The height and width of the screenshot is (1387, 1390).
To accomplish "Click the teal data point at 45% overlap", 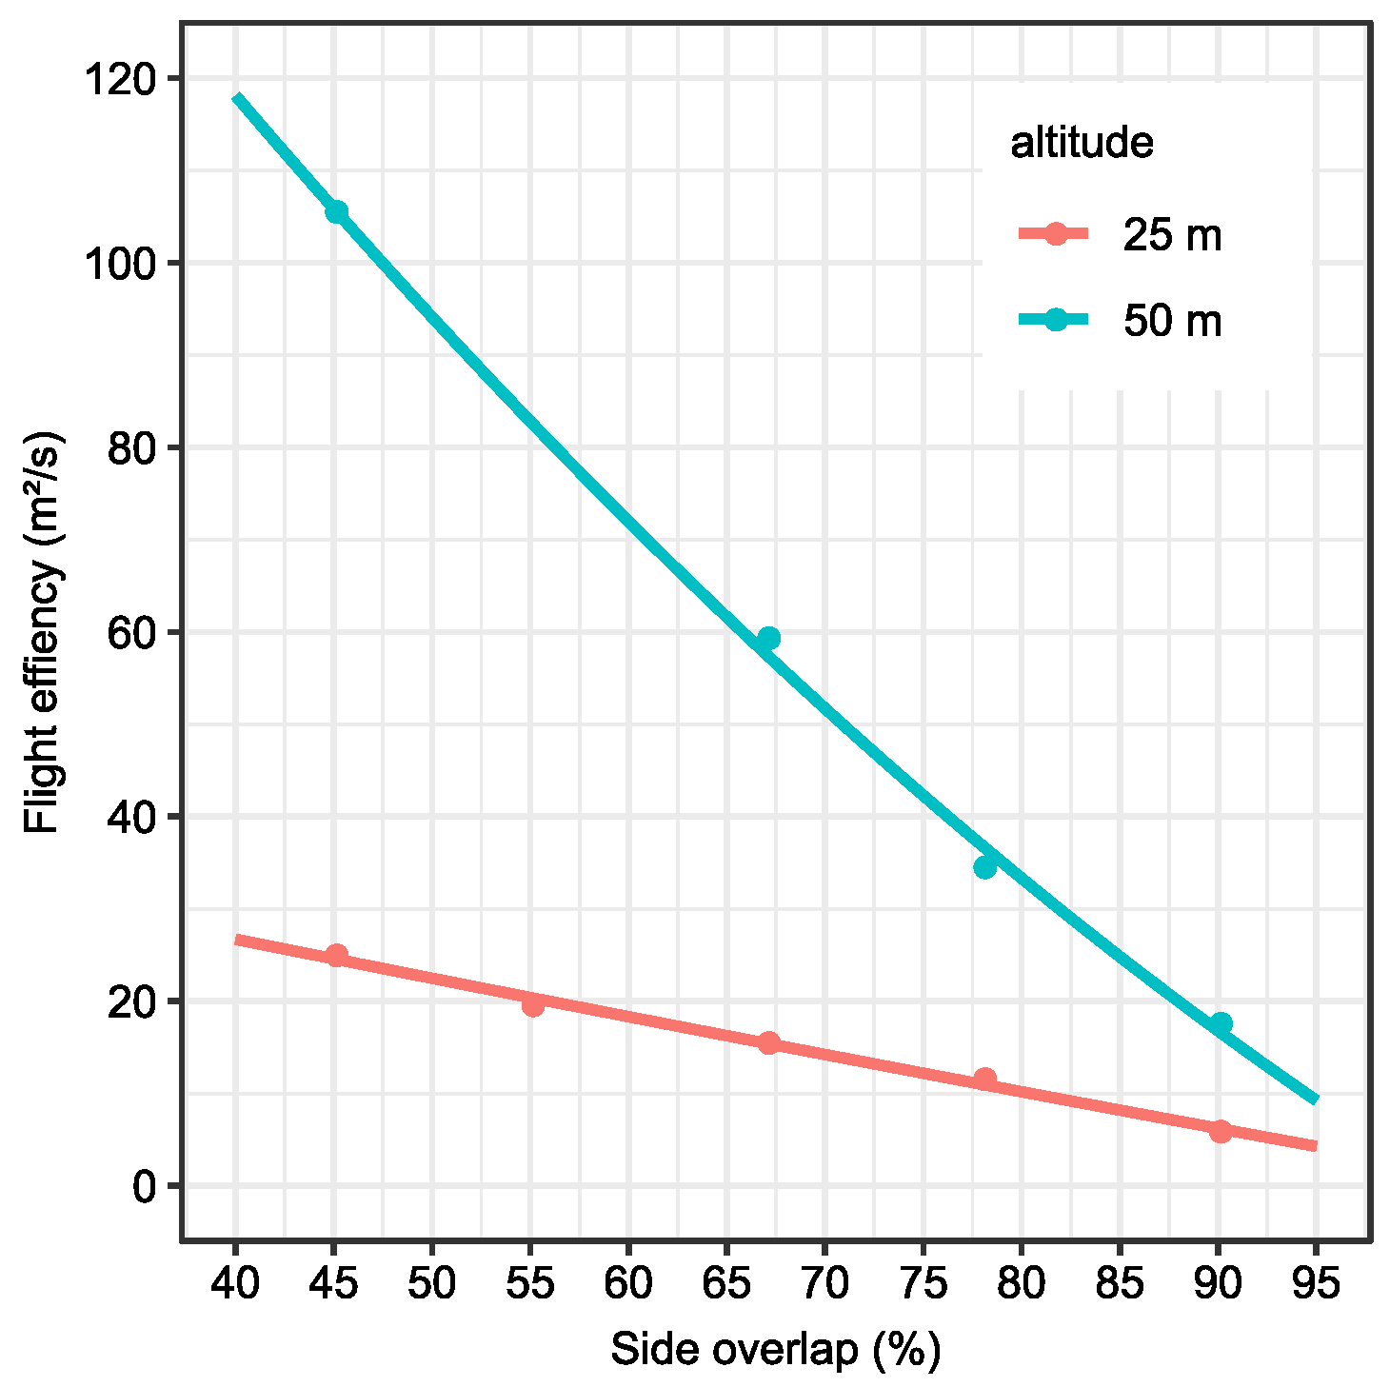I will [x=336, y=211].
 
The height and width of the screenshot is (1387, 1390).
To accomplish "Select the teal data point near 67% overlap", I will [x=768, y=638].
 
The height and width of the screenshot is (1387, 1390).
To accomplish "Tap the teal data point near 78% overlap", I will [x=984, y=867].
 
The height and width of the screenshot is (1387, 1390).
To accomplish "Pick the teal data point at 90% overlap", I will [x=1221, y=1023].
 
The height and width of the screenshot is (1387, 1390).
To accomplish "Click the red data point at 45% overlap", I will [x=336, y=955].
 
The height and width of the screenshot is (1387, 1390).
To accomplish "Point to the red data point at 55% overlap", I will [x=533, y=1005].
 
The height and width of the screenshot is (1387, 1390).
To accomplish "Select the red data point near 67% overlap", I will [x=768, y=1042].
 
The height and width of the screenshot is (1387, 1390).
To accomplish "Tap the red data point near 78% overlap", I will [x=984, y=1078].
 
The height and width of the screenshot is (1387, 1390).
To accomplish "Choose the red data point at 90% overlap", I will [x=1221, y=1131].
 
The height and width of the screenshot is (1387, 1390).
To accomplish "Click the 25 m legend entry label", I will [x=1171, y=235].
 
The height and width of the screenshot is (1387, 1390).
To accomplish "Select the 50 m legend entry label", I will [x=1171, y=321].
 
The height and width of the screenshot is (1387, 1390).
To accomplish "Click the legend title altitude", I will [x=1082, y=143].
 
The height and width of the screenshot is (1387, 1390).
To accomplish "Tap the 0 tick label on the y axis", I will [x=144, y=1186].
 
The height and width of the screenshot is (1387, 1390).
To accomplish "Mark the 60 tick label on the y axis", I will [x=131, y=633].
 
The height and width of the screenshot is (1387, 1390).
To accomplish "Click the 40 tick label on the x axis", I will [x=235, y=1284].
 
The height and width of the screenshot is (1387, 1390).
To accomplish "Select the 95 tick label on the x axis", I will [x=1316, y=1284].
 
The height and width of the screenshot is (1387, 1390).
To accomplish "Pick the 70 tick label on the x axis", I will [x=824, y=1284].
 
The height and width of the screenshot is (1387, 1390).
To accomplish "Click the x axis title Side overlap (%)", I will [x=775, y=1350].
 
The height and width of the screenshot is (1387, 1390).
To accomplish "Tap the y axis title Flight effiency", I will [x=43, y=633].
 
